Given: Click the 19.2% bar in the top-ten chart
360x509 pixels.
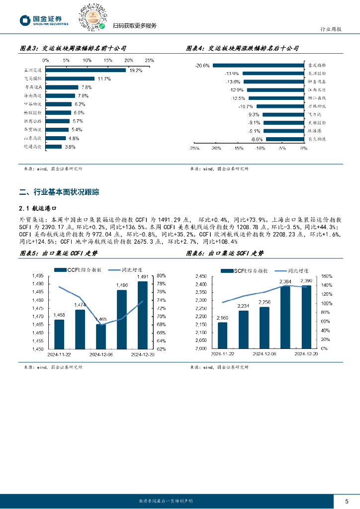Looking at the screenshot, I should tap(86, 70).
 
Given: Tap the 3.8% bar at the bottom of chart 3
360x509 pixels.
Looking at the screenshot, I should tap(54, 147).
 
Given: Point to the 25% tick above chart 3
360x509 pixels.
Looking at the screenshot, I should tap(149, 60).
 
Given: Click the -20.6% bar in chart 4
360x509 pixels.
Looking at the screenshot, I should tap(258, 65).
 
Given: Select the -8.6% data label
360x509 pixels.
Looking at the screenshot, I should tap(257, 139).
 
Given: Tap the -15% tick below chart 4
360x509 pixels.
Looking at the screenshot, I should tap(238, 148).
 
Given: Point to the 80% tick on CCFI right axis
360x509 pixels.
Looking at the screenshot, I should tap(161, 276).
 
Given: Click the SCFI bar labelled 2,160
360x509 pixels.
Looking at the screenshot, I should tap(223, 336).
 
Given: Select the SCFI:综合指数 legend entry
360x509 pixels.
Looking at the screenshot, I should tap(248, 271).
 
